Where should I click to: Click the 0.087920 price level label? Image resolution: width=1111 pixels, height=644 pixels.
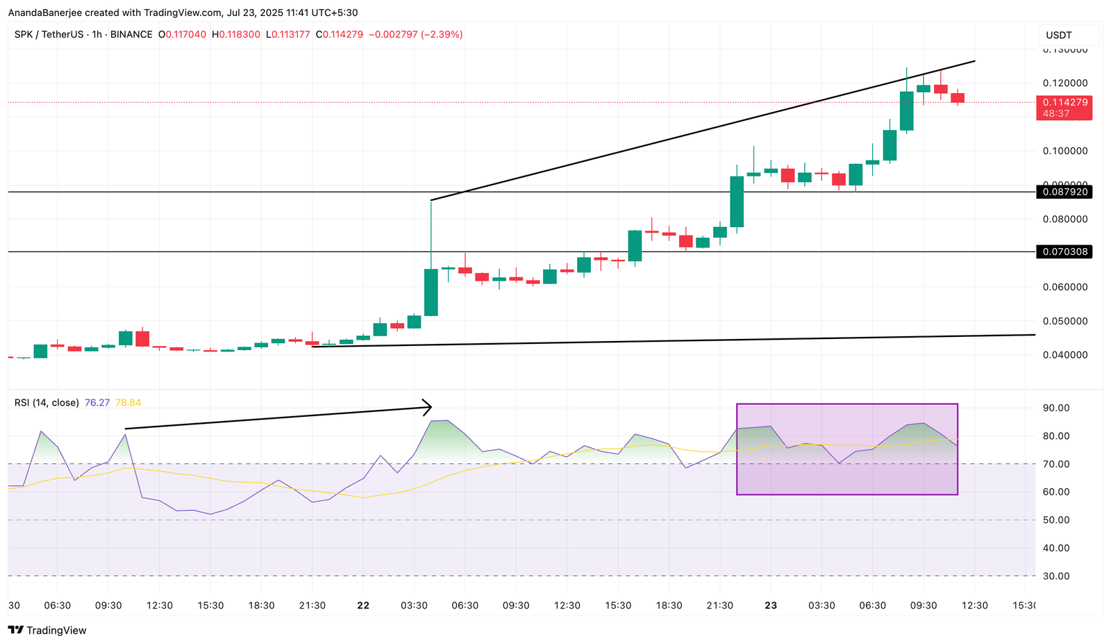pyautogui.click(x=1063, y=192)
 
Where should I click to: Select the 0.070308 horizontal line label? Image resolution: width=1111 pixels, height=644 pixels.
pyautogui.click(x=1063, y=251)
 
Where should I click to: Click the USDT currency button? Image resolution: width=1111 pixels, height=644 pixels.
pyautogui.click(x=1059, y=35)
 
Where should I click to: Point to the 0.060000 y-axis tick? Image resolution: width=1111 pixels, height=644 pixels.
pyautogui.click(x=1064, y=287)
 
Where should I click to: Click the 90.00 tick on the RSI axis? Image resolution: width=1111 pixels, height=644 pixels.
pyautogui.click(x=1055, y=408)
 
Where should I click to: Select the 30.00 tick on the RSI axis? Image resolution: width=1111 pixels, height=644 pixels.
pyautogui.click(x=1055, y=576)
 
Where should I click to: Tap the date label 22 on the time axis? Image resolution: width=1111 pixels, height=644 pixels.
pyautogui.click(x=363, y=605)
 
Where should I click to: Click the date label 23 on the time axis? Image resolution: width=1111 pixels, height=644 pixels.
pyautogui.click(x=771, y=605)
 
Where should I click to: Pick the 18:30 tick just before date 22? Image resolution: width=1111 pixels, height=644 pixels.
pyautogui.click(x=261, y=605)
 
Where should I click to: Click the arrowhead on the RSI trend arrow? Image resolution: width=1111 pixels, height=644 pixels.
pyautogui.click(x=427, y=407)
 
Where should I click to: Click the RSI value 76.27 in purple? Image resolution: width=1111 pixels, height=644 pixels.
pyautogui.click(x=97, y=403)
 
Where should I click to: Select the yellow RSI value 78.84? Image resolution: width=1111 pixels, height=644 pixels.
pyautogui.click(x=128, y=403)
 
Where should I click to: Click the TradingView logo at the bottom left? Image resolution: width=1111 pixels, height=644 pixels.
pyautogui.click(x=47, y=630)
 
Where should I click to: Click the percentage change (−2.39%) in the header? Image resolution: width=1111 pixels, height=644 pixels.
pyautogui.click(x=442, y=34)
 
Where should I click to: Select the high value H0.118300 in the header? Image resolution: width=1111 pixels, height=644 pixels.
pyautogui.click(x=236, y=34)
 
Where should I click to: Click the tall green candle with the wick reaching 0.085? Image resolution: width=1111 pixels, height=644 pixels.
pyautogui.click(x=431, y=292)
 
